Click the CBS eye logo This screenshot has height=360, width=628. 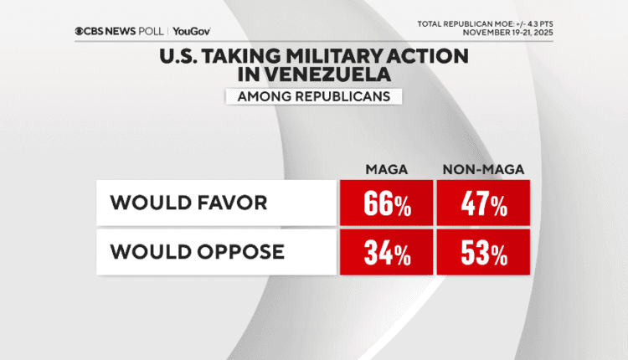tap(80, 31)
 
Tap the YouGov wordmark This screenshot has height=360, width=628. tap(191, 31)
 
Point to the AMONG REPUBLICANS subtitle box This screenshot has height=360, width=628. tap(313, 96)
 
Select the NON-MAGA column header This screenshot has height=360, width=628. tap(483, 170)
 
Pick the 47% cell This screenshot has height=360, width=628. tap(483, 203)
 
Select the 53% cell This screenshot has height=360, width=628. tap(483, 252)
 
